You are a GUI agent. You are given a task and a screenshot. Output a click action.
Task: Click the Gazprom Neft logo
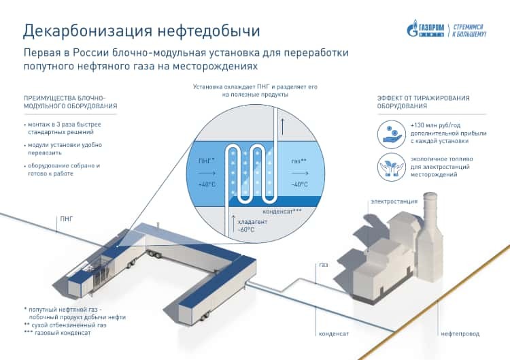pyautogui.click(x=446, y=29)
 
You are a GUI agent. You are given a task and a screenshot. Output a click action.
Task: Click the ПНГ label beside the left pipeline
pyautogui.click(x=66, y=219)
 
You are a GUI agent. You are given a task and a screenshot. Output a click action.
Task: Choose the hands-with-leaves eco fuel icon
pyautogui.click(x=390, y=167)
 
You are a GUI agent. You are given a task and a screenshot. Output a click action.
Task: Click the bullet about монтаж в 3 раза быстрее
pyautogui.click(x=71, y=130)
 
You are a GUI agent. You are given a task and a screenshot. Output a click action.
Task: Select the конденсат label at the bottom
pyautogui.click(x=334, y=334)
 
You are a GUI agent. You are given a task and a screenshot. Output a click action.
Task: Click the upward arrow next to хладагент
pyautogui.click(x=234, y=220)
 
